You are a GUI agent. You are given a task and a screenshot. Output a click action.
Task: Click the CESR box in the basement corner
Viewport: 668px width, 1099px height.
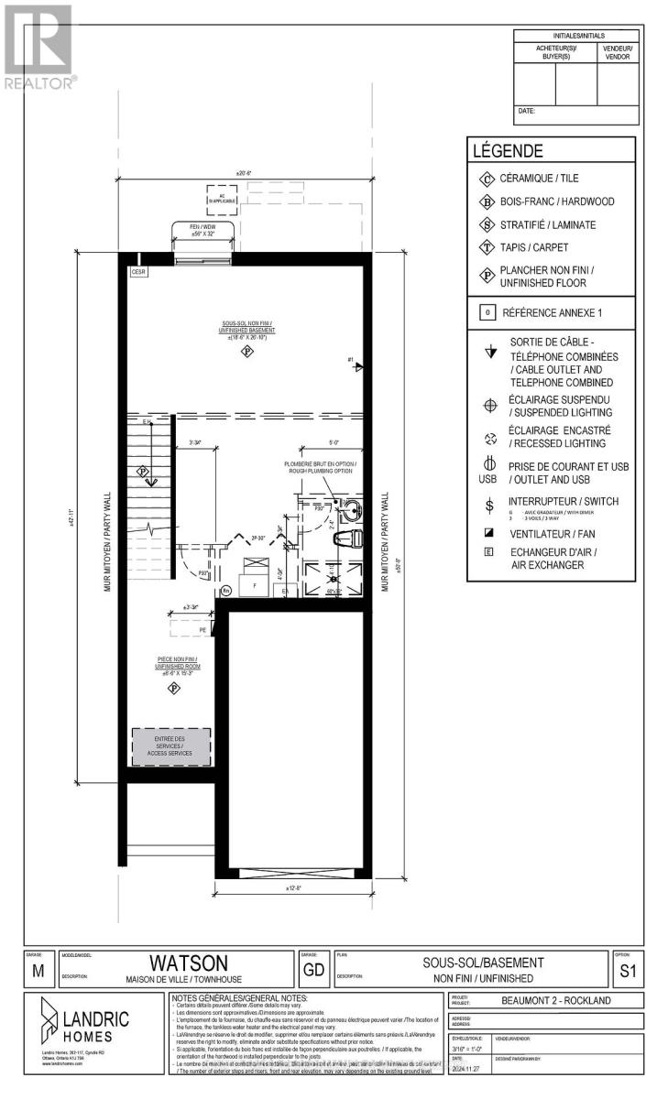tap(137, 271)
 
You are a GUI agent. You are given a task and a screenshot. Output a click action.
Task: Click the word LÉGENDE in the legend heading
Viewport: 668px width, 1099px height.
tap(507, 151)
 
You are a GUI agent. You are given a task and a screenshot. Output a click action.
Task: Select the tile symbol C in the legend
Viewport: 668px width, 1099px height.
tap(485, 179)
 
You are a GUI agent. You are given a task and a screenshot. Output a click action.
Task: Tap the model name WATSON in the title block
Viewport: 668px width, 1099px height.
tap(176, 963)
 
